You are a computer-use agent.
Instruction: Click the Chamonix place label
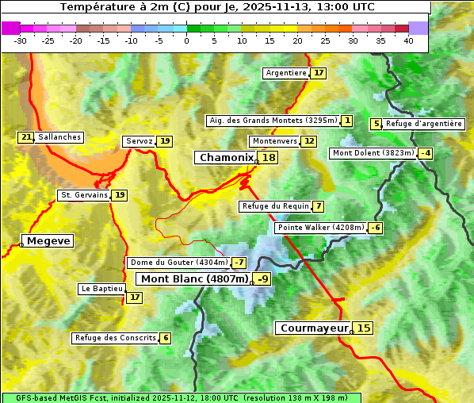[x=226, y=158]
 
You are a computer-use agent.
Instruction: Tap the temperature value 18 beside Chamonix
[x=269, y=158]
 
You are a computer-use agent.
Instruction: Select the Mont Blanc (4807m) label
[x=194, y=278]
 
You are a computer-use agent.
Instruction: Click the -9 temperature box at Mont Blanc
[x=262, y=278]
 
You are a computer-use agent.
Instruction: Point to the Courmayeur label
[x=314, y=328]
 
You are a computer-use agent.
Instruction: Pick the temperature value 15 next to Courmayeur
[x=363, y=328]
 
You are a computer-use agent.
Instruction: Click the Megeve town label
[x=48, y=240]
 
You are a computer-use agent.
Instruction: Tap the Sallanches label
[x=59, y=137]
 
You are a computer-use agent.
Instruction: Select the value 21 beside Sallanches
[x=26, y=137]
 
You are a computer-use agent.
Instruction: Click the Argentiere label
[x=286, y=73]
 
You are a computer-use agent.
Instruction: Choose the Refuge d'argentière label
[x=424, y=124]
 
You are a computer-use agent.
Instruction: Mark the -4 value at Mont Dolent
[x=426, y=153]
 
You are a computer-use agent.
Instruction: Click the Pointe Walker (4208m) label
[x=320, y=228]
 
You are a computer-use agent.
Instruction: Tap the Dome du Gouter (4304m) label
[x=178, y=263]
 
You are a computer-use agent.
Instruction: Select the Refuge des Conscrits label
[x=115, y=338]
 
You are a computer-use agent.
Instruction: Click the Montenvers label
[x=274, y=141]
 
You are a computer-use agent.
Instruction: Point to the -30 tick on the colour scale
[x=21, y=40]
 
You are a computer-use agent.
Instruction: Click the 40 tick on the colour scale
[x=408, y=40]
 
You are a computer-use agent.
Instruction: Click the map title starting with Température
[x=217, y=7]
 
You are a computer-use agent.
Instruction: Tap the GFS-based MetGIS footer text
[x=181, y=397]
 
